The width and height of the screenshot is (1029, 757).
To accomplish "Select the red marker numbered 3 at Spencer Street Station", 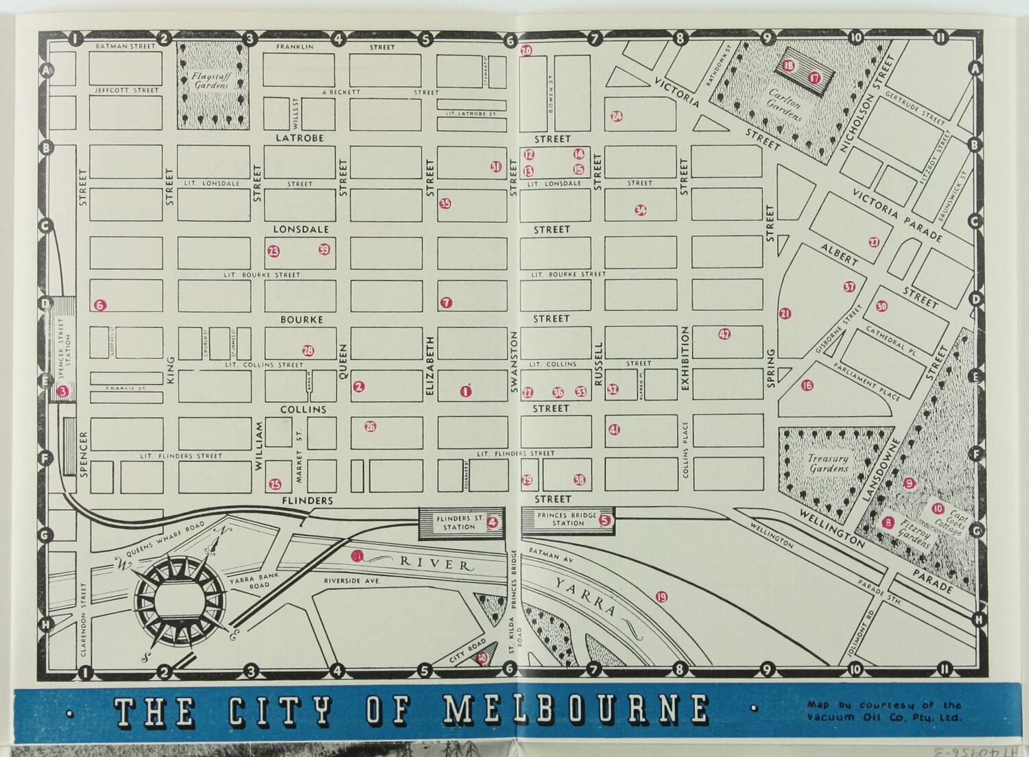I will click(63, 392).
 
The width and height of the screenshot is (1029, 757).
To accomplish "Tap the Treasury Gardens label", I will click(828, 464).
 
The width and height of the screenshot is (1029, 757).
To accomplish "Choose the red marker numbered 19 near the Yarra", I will click(661, 597).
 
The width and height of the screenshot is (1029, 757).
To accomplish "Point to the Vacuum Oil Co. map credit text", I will click(884, 711).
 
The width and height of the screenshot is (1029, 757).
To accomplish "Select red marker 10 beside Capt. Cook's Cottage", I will click(937, 509).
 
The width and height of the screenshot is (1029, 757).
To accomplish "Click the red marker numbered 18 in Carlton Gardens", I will click(788, 66).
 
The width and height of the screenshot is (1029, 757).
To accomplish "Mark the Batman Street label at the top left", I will click(126, 46).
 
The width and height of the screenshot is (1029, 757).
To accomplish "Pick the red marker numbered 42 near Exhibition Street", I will click(724, 335).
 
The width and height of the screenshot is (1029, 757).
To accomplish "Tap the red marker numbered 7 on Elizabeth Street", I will click(447, 302).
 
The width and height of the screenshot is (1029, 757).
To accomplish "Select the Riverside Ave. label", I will click(352, 581).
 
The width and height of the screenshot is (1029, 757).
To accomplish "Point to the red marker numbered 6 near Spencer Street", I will click(100, 305).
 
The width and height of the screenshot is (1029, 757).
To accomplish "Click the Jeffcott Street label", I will click(126, 90).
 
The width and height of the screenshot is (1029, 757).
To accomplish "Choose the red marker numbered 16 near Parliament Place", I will click(807, 386).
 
